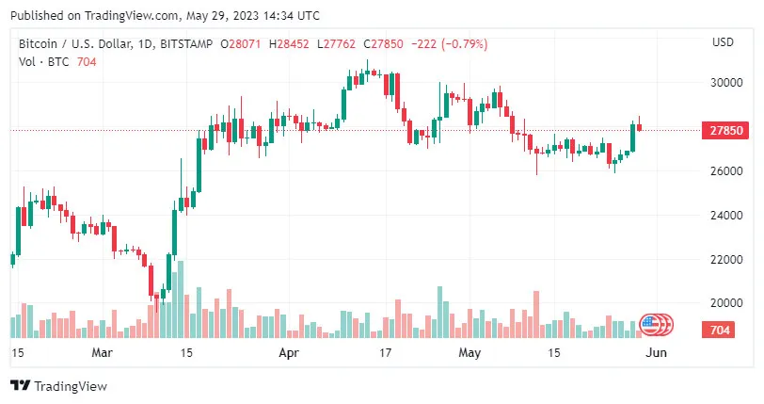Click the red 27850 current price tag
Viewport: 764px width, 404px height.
[724, 131]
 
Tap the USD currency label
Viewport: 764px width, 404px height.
[724, 43]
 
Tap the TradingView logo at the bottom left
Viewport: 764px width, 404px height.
[58, 386]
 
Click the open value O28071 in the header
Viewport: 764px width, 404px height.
[241, 44]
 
